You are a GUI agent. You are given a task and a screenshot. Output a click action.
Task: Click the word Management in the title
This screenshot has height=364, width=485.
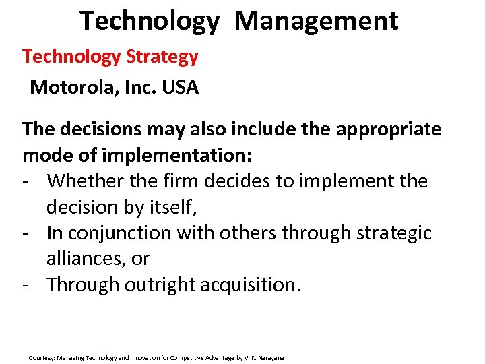pos(316,21)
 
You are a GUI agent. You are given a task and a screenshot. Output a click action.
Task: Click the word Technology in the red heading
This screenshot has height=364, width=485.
pos(72,57)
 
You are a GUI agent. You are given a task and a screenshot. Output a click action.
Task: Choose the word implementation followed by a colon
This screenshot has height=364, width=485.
pos(173,155)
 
